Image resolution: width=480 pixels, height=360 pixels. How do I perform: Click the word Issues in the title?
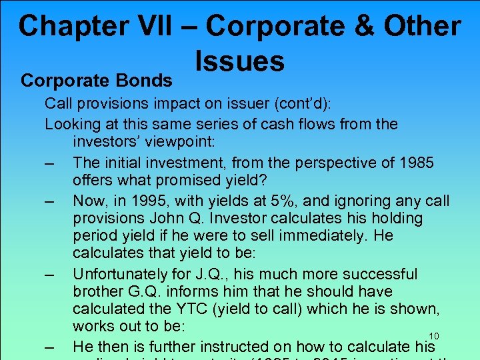240,61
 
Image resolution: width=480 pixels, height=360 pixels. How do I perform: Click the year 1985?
415,162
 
